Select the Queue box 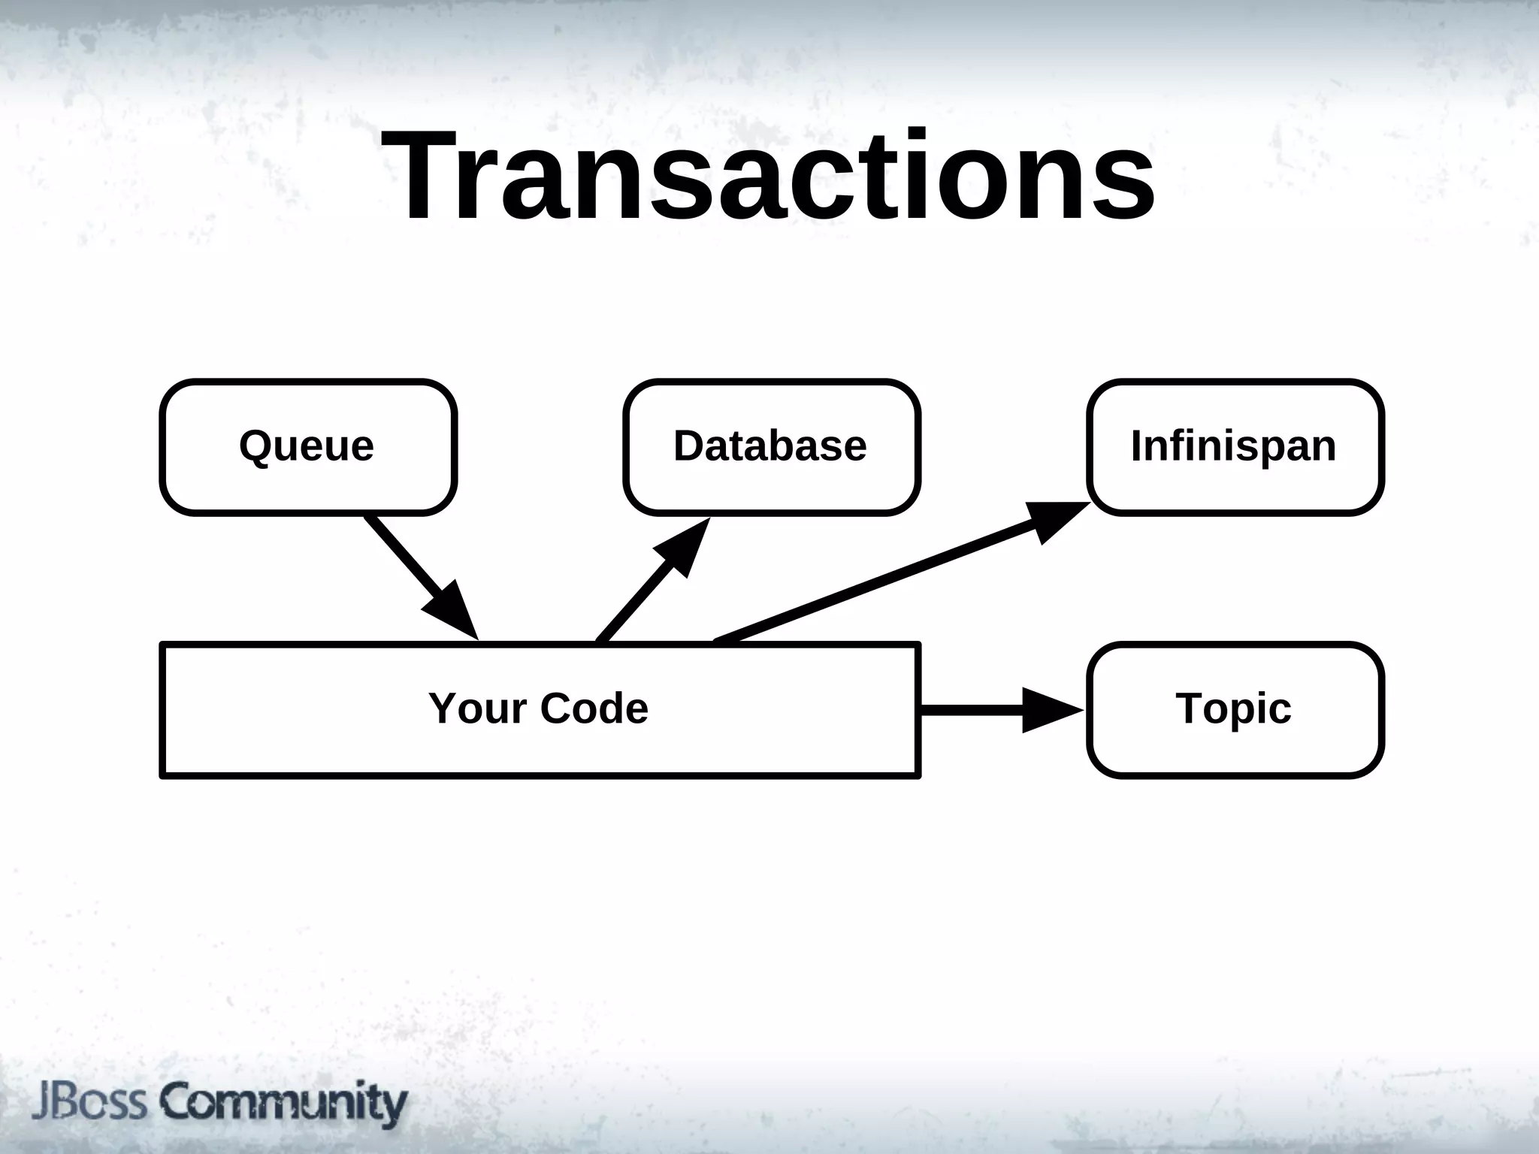pos(308,447)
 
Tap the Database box pos(772,447)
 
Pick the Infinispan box pos(1235,447)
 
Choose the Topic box pos(1235,709)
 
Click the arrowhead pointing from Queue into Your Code pos(453,612)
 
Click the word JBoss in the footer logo pos(89,1103)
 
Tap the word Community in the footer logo pos(284,1103)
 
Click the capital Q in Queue pos(255,446)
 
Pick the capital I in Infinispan pos(1137,446)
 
